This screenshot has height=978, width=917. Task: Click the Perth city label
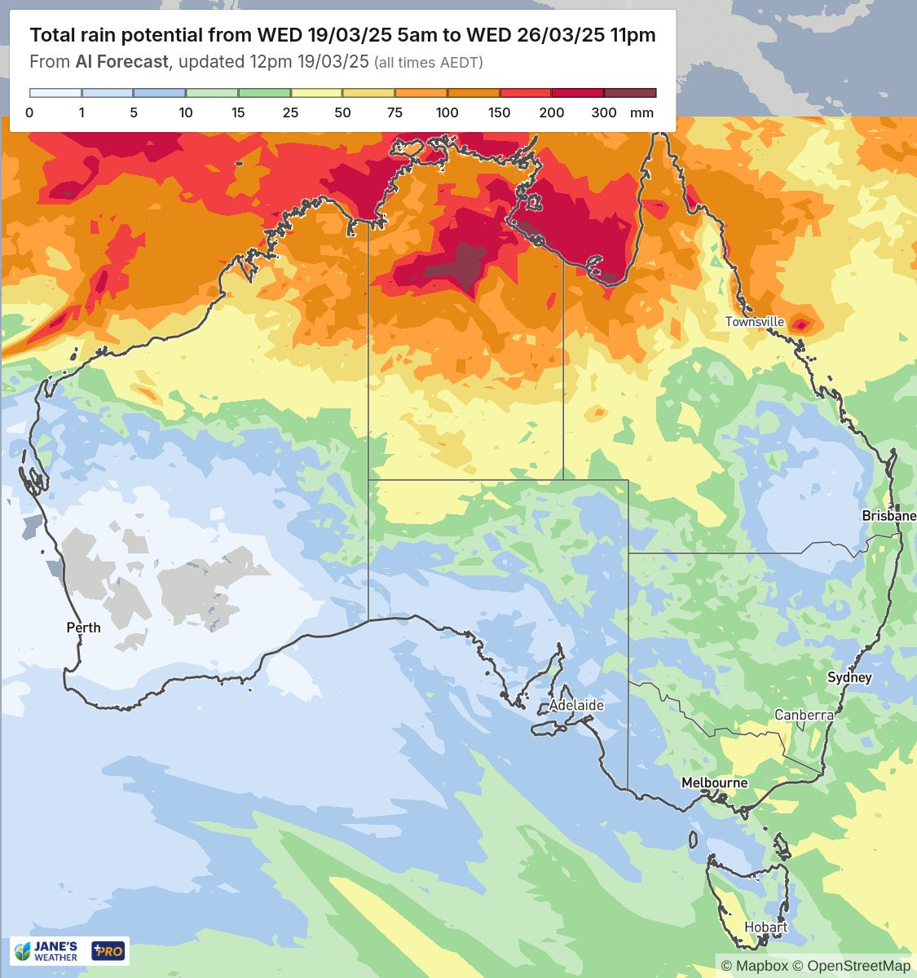point(83,627)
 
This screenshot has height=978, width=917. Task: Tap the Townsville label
point(755,322)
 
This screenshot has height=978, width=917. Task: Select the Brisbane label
point(888,516)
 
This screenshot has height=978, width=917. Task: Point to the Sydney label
point(849,677)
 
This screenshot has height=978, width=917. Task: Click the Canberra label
point(804,715)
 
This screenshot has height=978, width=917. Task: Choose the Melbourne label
point(714,782)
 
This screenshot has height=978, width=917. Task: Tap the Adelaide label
point(575,705)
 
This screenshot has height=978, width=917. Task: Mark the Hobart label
point(765,927)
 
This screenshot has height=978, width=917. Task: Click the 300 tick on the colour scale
point(603,112)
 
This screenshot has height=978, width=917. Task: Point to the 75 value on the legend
point(395,112)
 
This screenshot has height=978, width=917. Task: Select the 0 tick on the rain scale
point(29,112)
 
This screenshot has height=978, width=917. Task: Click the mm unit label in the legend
point(642,112)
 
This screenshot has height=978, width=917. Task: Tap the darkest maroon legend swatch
point(630,93)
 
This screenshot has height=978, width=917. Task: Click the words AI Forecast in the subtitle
point(121,62)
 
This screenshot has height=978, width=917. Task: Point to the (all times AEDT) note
point(428,63)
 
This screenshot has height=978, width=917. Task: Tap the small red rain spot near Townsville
point(801,324)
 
